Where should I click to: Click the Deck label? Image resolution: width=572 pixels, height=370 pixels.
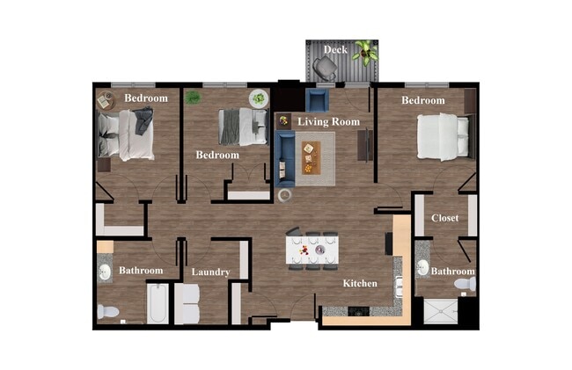pos(334,50)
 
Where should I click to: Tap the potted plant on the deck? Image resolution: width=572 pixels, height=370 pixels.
pos(366,53)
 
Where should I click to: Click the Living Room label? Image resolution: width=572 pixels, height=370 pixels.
pos(328,121)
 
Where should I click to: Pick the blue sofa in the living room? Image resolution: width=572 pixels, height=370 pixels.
pos(284,154)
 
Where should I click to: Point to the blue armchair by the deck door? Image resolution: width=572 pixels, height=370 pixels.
pos(317,98)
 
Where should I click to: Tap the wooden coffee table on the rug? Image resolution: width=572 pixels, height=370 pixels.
pos(309,156)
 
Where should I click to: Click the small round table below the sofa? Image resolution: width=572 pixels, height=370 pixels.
pos(284,195)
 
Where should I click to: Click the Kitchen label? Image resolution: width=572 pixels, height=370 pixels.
pos(360,283)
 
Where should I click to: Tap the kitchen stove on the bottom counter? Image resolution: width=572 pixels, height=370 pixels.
pos(358,310)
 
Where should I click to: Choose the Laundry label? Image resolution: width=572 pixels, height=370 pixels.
pos(210,272)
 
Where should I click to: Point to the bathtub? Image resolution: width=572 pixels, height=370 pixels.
pos(158,303)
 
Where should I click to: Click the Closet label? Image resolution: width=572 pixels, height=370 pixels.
pos(444,218)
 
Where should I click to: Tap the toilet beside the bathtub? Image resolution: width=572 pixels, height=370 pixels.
pos(107,311)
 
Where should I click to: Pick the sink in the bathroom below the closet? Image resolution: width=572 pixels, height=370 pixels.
pos(422,268)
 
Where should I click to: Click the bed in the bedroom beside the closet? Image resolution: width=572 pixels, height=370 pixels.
pos(443,135)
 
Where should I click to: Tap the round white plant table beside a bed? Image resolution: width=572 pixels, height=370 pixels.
pos(258,98)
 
